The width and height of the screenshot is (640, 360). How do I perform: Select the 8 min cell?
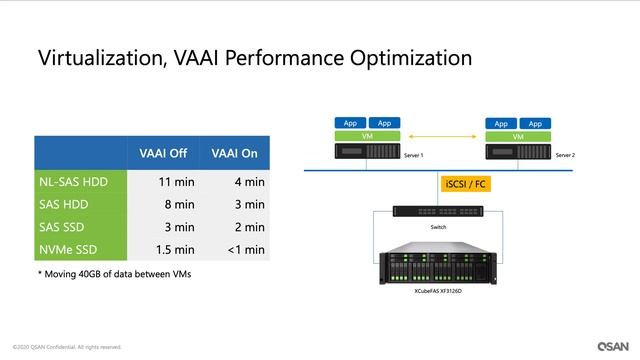(167, 204)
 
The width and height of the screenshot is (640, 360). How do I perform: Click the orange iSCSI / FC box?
(463, 185)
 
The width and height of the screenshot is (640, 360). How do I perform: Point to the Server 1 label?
(414, 156)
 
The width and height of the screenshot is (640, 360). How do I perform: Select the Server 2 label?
(565, 156)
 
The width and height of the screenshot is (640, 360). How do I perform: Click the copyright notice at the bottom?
(68, 347)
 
